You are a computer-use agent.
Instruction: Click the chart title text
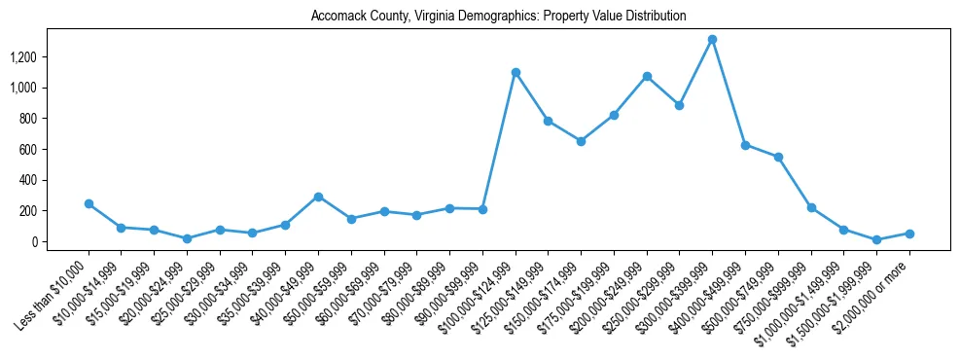tap(498, 17)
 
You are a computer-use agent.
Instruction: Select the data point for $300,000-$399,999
tap(712, 40)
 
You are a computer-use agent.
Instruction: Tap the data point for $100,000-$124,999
tap(516, 72)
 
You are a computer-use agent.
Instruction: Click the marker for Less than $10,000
tap(89, 203)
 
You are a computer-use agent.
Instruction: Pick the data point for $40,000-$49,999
tap(318, 197)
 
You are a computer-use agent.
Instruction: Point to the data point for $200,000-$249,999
tap(647, 76)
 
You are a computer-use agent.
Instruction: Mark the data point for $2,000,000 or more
tap(909, 234)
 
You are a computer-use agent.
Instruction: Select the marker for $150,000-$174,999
tap(581, 141)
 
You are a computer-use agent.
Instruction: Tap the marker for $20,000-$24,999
tap(187, 238)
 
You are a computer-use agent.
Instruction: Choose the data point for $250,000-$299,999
tap(679, 105)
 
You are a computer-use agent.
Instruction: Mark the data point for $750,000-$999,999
tap(811, 207)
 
